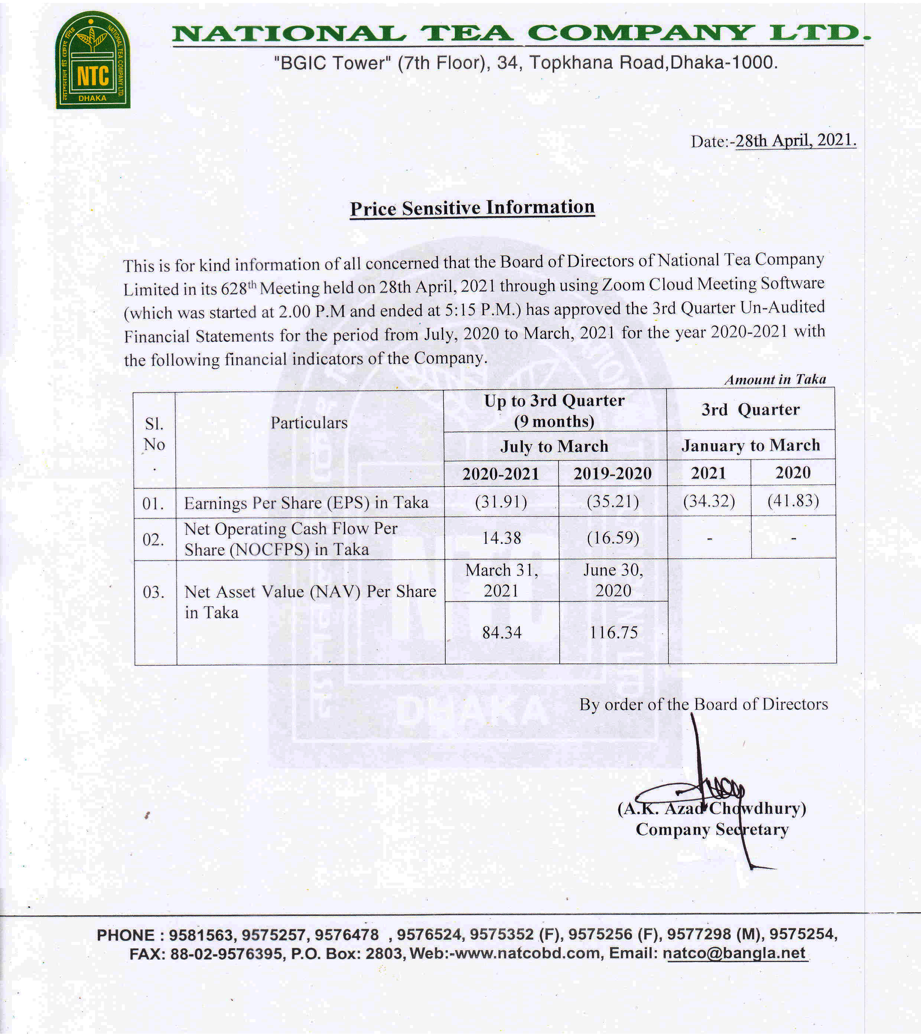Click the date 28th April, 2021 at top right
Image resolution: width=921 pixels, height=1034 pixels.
click(x=795, y=140)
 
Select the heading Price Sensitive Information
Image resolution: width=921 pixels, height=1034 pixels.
click(x=472, y=208)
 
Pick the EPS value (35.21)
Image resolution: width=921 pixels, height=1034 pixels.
click(x=613, y=501)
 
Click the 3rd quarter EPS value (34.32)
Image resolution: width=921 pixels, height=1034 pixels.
click(x=709, y=501)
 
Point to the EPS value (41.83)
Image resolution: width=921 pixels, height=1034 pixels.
click(x=793, y=500)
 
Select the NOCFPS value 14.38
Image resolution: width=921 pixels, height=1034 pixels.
click(x=501, y=538)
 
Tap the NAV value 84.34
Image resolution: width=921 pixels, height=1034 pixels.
click(x=501, y=632)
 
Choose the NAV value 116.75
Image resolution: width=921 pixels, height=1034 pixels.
click(x=614, y=632)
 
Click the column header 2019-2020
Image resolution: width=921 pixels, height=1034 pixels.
click(x=612, y=473)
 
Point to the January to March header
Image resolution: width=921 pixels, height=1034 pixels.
click(x=751, y=445)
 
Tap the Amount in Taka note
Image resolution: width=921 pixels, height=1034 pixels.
click(x=775, y=379)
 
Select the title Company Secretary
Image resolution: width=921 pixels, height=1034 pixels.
click(x=712, y=830)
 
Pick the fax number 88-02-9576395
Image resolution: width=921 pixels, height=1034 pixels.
click(x=226, y=953)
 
